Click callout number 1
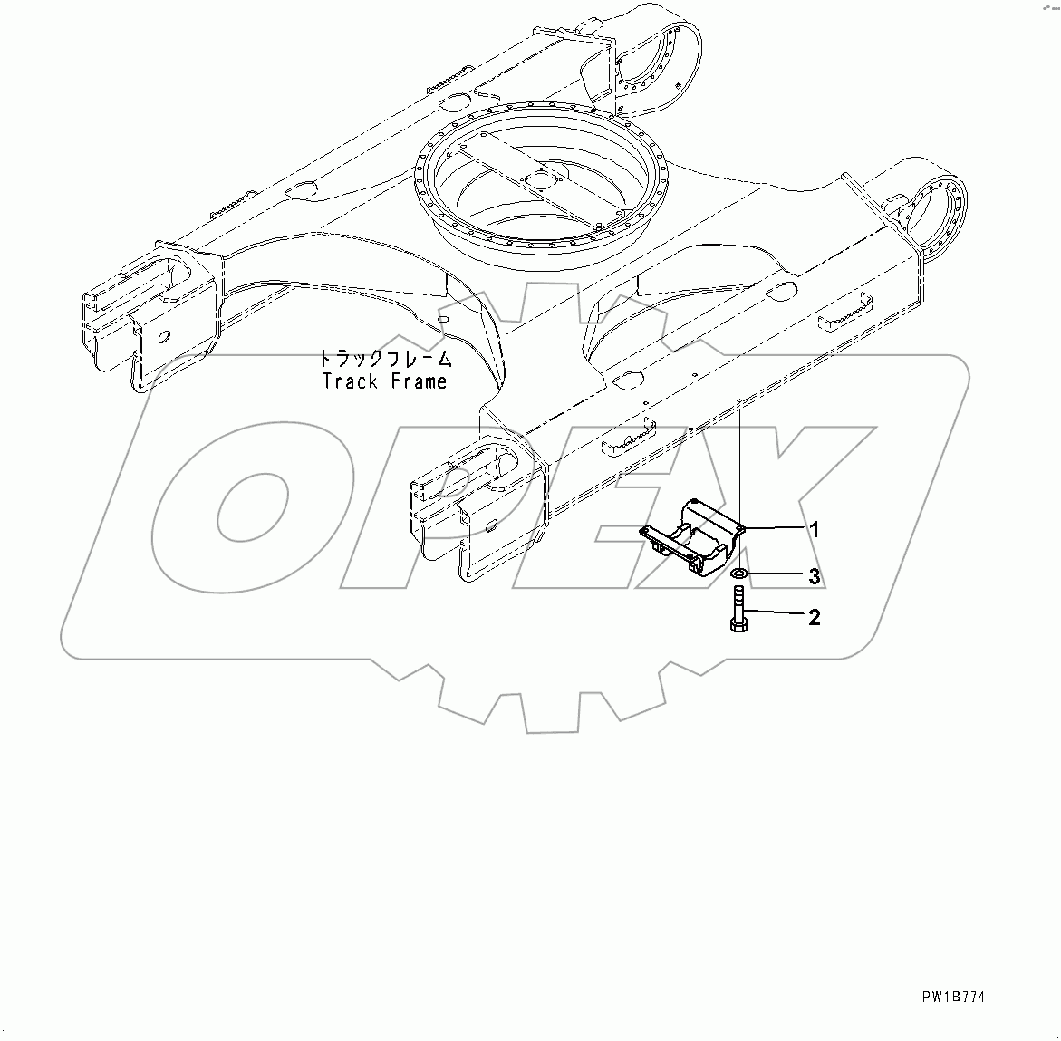[x=814, y=530]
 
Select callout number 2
[x=814, y=618]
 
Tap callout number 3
[x=814, y=576]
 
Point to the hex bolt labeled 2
[x=738, y=608]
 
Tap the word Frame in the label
[x=419, y=381]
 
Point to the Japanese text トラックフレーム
[x=381, y=358]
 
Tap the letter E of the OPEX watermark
[x=616, y=507]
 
